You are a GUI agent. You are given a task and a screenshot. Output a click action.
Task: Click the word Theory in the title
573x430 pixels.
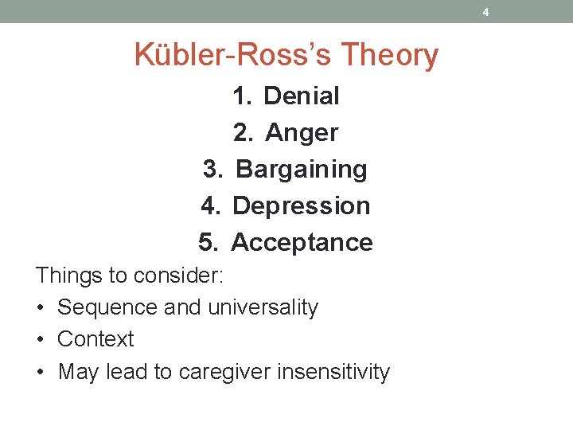(x=390, y=56)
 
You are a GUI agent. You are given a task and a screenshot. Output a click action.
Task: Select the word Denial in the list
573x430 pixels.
(x=301, y=96)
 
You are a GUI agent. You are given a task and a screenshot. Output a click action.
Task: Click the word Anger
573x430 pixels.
(x=302, y=133)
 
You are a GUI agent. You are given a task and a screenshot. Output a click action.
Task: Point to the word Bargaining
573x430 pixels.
(x=302, y=169)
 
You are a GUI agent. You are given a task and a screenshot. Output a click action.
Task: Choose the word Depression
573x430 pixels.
(x=302, y=206)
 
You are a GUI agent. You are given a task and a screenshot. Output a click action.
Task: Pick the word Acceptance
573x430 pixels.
(x=302, y=242)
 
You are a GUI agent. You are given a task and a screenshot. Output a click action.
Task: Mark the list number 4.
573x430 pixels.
(x=210, y=206)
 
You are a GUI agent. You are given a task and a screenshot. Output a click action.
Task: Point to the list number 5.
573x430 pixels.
(x=209, y=242)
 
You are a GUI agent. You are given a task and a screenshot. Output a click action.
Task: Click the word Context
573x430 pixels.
(x=95, y=339)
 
